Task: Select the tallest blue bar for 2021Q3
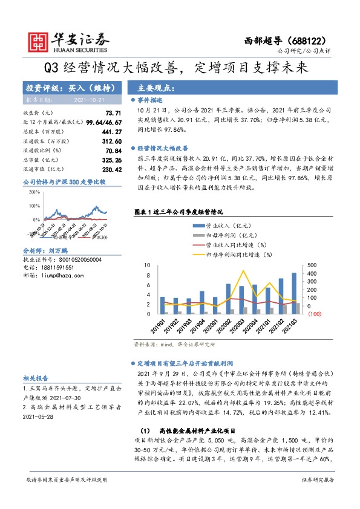click(x=294, y=293)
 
